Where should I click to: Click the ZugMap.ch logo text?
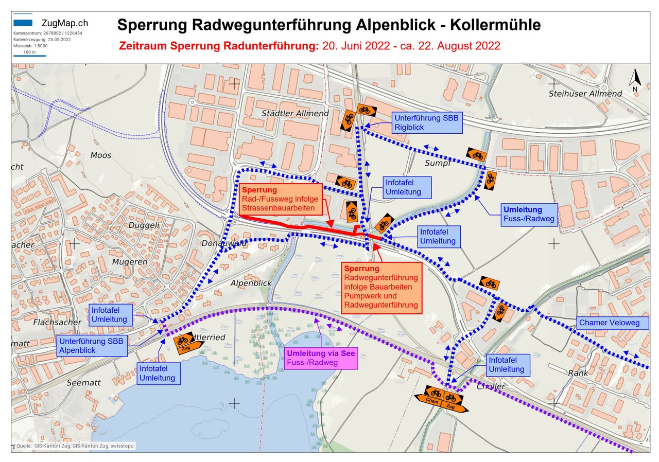click(x=64, y=23)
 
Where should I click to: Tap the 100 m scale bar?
click(x=30, y=53)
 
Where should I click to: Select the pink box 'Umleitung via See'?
click(x=321, y=358)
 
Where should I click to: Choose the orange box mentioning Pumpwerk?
click(x=381, y=287)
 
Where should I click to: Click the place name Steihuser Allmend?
click(x=585, y=94)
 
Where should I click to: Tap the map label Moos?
click(x=101, y=155)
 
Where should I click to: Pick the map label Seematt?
click(x=83, y=383)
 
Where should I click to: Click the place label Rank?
click(x=578, y=373)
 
